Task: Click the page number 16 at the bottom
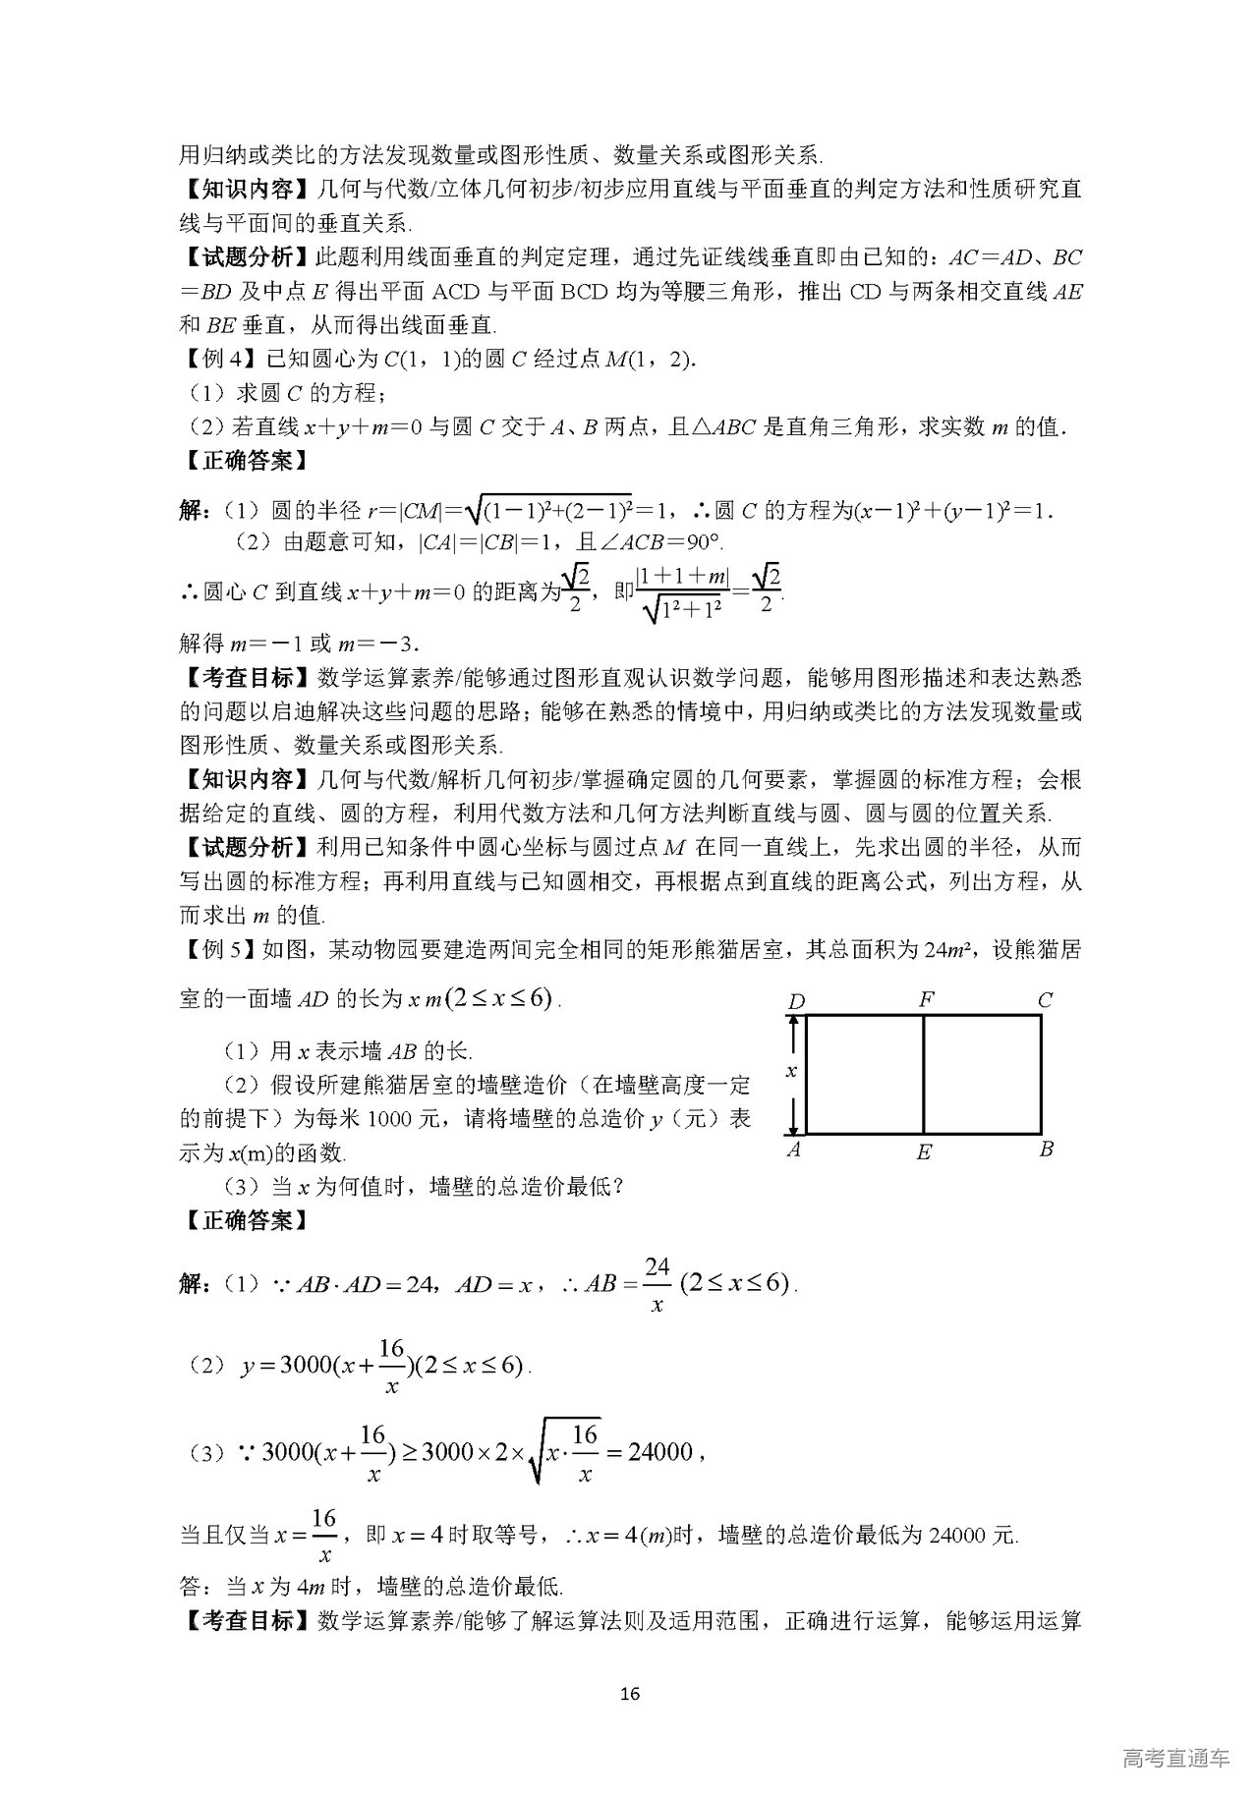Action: click(x=630, y=1693)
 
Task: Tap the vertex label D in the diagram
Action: click(x=796, y=1001)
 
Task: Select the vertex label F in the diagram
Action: click(x=925, y=1000)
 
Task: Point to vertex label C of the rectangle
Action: click(x=1045, y=1000)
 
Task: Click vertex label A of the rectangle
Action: click(x=794, y=1149)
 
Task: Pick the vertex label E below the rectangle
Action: click(x=924, y=1152)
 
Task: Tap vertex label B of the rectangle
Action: click(x=1046, y=1149)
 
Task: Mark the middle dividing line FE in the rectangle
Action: click(x=924, y=1075)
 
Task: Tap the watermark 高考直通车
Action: click(x=1175, y=1758)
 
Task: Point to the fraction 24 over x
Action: click(x=657, y=1285)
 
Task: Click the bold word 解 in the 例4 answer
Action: click(x=191, y=510)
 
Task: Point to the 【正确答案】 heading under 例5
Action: click(x=243, y=1220)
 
